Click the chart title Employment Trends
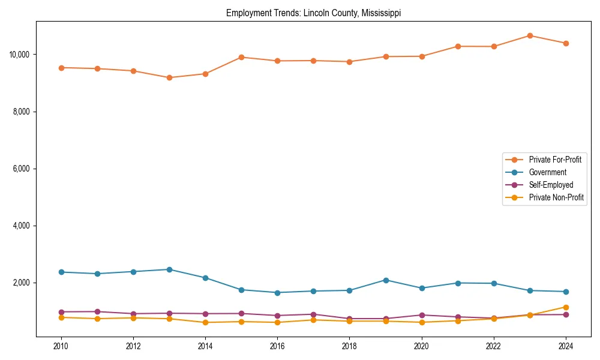tap(313, 13)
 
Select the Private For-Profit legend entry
tap(551, 160)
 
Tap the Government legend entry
tap(547, 172)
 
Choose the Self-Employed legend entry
tap(551, 185)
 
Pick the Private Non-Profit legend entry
tap(556, 197)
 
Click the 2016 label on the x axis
tap(277, 346)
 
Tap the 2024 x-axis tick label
tap(566, 346)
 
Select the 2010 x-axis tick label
tap(61, 346)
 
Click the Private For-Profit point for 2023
tap(530, 35)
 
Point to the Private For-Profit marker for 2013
tap(169, 77)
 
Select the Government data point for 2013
tap(169, 269)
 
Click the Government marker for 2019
tap(386, 280)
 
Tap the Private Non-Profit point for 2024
tap(566, 307)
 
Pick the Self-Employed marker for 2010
tap(61, 312)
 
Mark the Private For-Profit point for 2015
tap(241, 57)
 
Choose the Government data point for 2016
tap(277, 293)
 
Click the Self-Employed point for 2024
tap(566, 314)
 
